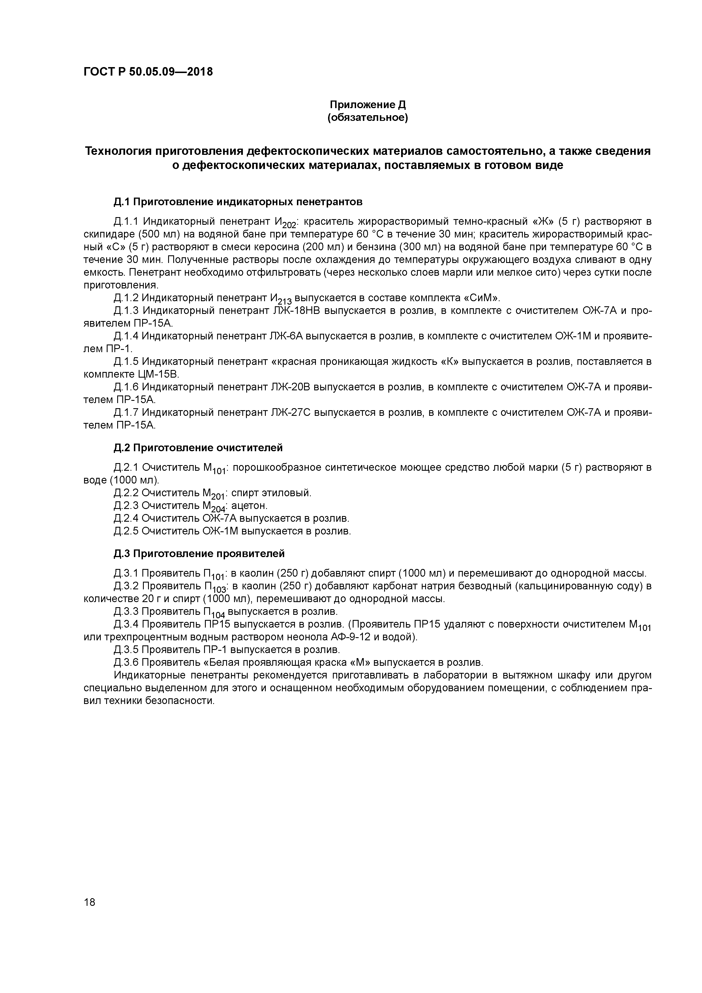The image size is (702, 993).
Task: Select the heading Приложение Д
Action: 368,105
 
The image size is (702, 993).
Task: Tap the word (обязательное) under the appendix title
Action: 368,118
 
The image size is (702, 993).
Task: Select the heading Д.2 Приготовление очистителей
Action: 198,448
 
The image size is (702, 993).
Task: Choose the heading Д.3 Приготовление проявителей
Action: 199,554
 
